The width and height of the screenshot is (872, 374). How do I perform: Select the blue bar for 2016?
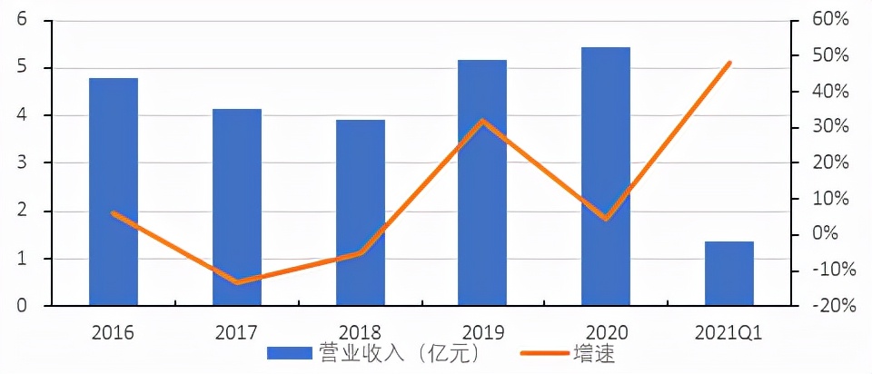pyautogui.click(x=114, y=192)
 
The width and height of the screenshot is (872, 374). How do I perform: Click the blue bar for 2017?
pyautogui.click(x=237, y=207)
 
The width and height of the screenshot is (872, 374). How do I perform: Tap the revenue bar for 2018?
pyautogui.click(x=361, y=212)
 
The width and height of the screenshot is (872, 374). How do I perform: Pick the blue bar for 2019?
pyautogui.click(x=482, y=182)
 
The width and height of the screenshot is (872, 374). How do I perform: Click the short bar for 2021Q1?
pyautogui.click(x=729, y=273)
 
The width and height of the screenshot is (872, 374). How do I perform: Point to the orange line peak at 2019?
pyautogui.click(x=483, y=121)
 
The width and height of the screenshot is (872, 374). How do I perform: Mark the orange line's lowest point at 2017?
pyautogui.click(x=237, y=282)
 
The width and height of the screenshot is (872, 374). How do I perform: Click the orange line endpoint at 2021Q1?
pyautogui.click(x=729, y=64)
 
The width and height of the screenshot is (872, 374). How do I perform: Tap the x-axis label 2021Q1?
pyautogui.click(x=729, y=332)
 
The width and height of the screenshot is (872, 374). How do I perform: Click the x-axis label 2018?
pyautogui.click(x=361, y=332)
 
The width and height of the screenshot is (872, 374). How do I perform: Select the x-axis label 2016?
pyautogui.click(x=114, y=332)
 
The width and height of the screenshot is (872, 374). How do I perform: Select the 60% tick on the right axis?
pyautogui.click(x=832, y=20)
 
